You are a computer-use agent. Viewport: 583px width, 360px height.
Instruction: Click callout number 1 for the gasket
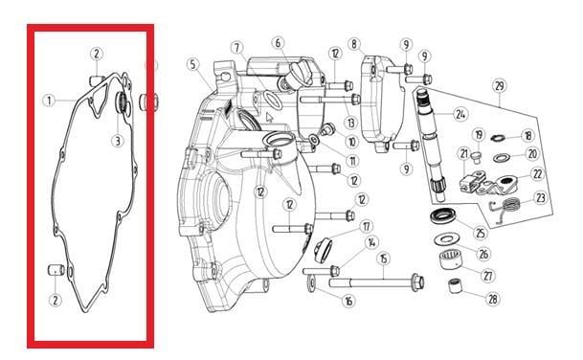49,101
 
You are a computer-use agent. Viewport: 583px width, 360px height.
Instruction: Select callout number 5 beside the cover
192,64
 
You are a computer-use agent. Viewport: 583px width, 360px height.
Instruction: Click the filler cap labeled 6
298,77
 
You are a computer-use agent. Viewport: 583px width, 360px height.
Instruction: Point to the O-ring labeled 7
273,100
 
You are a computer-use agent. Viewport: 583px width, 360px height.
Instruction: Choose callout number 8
354,44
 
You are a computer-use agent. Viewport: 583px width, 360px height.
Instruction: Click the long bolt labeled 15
376,282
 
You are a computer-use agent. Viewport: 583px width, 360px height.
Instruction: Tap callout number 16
348,300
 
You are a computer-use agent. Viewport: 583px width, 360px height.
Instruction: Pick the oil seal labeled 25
442,216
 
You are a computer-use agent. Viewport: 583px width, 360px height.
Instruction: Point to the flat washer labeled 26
446,239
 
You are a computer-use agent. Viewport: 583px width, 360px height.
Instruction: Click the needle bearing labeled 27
451,259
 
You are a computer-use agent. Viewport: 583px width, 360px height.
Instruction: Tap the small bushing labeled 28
455,285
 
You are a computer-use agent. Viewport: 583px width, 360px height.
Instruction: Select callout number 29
500,86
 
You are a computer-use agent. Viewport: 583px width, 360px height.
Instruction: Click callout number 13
350,123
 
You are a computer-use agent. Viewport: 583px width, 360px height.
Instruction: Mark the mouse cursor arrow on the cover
269,118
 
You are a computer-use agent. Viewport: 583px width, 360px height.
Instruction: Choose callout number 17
367,226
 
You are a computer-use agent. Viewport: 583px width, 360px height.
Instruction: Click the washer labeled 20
502,157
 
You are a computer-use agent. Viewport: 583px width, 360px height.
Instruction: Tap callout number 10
351,142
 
